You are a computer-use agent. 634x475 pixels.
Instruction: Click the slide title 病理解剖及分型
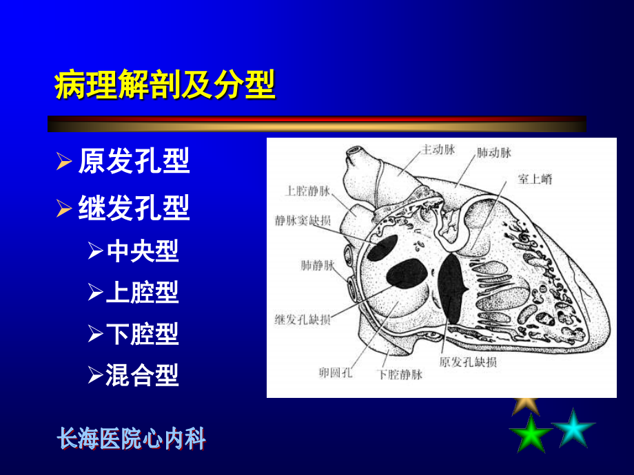pos(165,86)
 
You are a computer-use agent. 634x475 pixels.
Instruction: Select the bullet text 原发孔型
pos(134,162)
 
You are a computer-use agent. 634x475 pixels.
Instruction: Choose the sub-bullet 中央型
pos(143,251)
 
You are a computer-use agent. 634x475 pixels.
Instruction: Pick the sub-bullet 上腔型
pos(143,293)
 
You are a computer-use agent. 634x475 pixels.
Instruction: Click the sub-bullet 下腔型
pos(143,334)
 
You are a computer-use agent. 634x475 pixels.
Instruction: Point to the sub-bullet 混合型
pos(143,375)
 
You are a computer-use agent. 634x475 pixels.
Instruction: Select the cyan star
pos(573,427)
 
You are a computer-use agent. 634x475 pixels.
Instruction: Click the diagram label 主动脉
pos(438,149)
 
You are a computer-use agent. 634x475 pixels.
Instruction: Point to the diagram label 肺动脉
pos(493,152)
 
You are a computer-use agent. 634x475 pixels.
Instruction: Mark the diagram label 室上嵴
pos(535,179)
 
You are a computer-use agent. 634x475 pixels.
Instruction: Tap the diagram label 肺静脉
pos(318,264)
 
